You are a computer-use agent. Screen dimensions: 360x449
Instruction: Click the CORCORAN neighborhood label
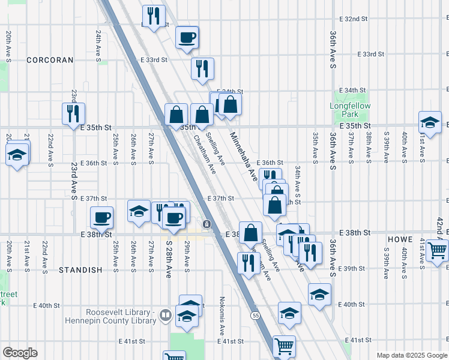click(50, 60)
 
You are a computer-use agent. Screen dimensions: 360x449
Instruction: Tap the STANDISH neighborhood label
click(80, 270)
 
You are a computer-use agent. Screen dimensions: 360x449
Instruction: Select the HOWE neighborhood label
click(400, 239)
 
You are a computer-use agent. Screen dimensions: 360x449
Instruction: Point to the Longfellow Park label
click(350, 110)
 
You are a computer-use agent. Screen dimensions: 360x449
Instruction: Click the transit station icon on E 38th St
click(206, 224)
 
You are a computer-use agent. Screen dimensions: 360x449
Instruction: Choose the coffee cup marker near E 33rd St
click(187, 37)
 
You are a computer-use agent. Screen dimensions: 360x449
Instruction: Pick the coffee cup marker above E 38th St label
click(101, 217)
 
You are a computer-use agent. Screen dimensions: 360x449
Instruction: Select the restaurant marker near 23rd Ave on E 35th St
click(73, 112)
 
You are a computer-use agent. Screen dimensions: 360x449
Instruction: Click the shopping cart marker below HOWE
click(438, 248)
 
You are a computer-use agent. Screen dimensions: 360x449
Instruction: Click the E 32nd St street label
click(353, 19)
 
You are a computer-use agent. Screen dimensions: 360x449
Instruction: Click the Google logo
click(20, 353)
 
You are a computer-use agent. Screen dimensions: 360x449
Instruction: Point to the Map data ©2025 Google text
click(411, 355)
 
